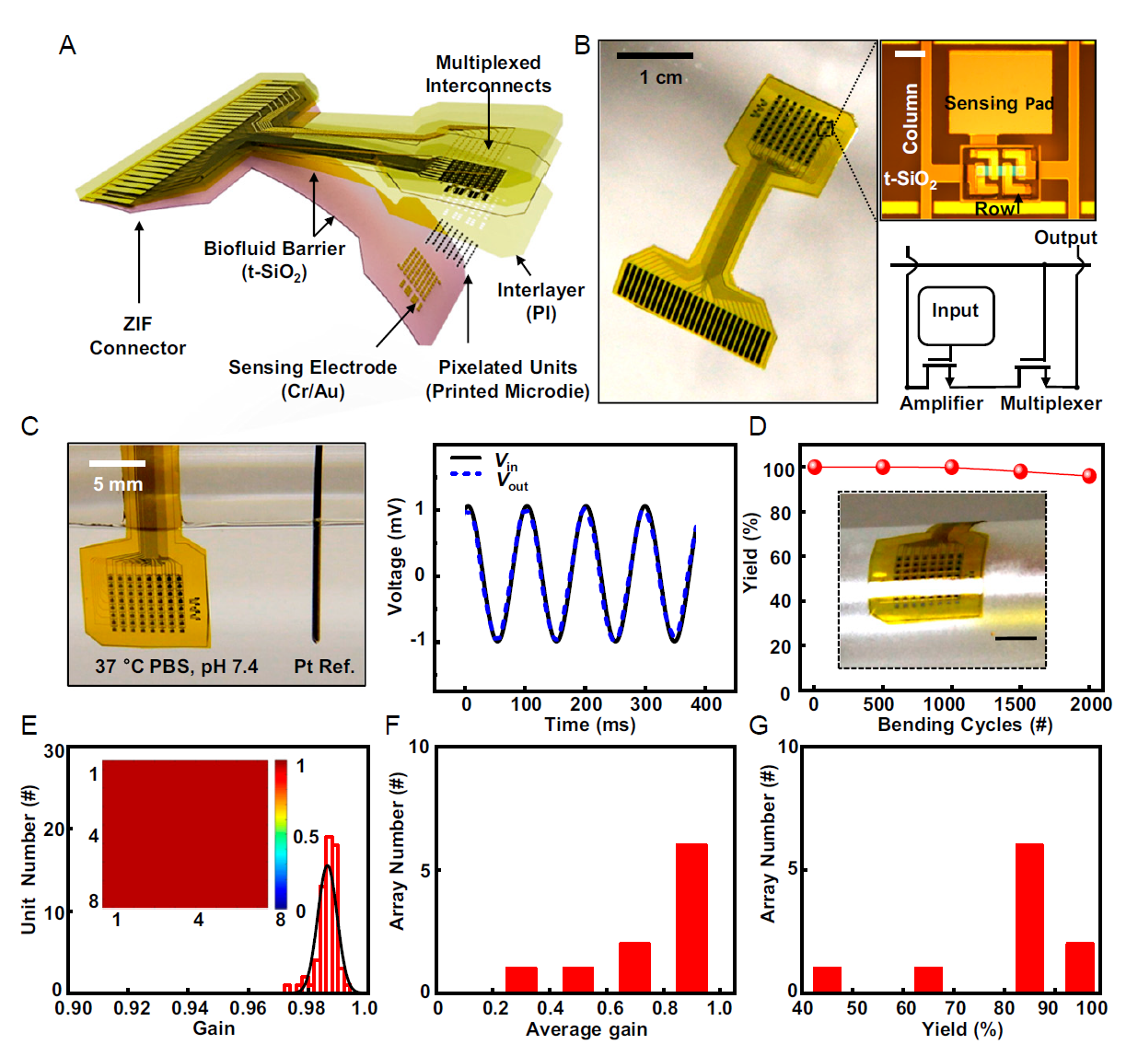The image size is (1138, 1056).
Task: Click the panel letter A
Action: pyautogui.click(x=67, y=45)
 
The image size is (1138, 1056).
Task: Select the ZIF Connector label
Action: pyautogui.click(x=137, y=336)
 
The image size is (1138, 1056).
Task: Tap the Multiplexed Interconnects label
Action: pyautogui.click(x=488, y=75)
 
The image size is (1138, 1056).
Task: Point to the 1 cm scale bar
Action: pyautogui.click(x=655, y=56)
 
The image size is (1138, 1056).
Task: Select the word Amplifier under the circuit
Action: pyautogui.click(x=941, y=403)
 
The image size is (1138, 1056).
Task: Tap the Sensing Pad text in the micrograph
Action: pyautogui.click(x=998, y=103)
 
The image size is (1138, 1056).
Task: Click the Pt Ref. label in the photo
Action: pyautogui.click(x=324, y=666)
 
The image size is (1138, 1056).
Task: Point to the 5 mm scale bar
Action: pyautogui.click(x=117, y=463)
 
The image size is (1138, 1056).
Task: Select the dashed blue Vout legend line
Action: pyautogui.click(x=466, y=474)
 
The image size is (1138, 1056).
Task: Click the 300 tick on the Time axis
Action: pyautogui.click(x=645, y=704)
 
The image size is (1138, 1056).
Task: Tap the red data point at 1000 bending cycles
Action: pyautogui.click(x=951, y=467)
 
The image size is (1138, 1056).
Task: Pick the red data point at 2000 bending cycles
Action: pyautogui.click(x=1089, y=476)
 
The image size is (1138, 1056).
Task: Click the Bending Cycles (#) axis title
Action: pyautogui.click(x=964, y=725)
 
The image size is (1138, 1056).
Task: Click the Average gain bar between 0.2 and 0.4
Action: pyautogui.click(x=521, y=979)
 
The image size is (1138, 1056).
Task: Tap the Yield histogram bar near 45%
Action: pyautogui.click(x=827, y=979)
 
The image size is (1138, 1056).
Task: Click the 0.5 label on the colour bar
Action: pyautogui.click(x=306, y=837)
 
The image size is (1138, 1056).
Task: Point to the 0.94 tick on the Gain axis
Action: pyautogui.click(x=190, y=1008)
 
